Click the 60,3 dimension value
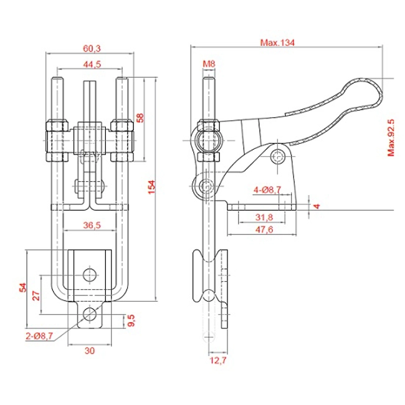click(x=91, y=48)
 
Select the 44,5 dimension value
click(x=91, y=65)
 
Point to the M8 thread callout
click(x=209, y=64)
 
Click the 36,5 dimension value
click(x=92, y=226)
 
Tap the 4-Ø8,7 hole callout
click(x=266, y=189)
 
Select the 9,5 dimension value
click(x=130, y=322)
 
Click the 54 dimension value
click(x=23, y=287)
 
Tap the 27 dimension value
click(x=37, y=295)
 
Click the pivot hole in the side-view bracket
click(x=277, y=156)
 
